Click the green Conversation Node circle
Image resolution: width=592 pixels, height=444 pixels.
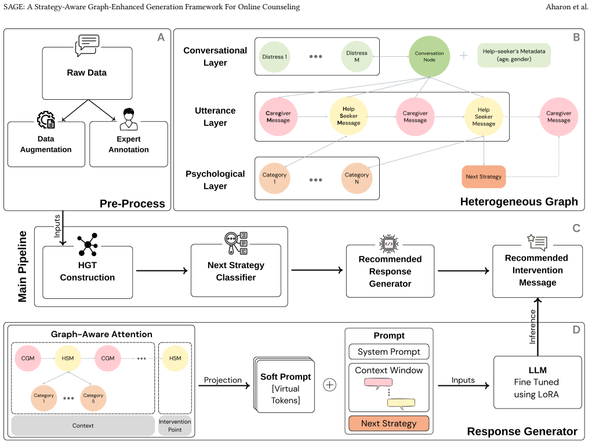point(429,57)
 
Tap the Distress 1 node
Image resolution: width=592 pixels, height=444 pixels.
point(274,57)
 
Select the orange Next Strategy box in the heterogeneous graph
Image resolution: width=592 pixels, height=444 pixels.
point(484,176)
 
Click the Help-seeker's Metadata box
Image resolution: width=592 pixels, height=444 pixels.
point(514,55)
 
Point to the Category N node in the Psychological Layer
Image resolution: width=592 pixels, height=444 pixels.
point(357,178)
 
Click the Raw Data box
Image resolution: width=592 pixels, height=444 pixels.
point(87,73)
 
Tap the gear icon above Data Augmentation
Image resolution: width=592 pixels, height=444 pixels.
point(46,120)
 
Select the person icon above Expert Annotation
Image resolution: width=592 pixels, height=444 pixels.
point(129,120)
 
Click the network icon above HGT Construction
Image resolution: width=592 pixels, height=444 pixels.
point(88,244)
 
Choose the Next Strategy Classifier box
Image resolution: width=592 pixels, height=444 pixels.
point(236,270)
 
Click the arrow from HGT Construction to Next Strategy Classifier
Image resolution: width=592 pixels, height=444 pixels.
point(162,270)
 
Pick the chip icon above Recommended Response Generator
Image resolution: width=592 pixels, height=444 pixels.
point(389,244)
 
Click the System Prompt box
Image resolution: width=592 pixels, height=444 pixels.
point(389,351)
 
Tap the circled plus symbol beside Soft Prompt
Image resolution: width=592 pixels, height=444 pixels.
point(329,385)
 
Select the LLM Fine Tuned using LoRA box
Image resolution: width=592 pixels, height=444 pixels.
point(537,382)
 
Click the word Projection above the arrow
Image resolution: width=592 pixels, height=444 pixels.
point(223,380)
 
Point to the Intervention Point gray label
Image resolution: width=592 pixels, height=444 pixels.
point(175,425)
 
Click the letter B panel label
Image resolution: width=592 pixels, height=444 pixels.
point(576,37)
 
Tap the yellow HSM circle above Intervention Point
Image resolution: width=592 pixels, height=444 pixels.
point(175,358)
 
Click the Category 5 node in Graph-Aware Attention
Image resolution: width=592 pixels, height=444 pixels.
point(93,398)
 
